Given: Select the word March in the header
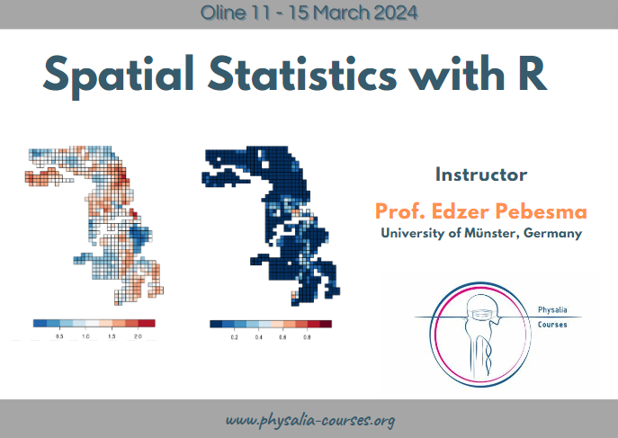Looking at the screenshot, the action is tap(342, 13).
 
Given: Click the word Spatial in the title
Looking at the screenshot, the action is tap(118, 76).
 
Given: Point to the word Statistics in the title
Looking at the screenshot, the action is tap(302, 74).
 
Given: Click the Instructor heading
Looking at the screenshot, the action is tap(481, 174).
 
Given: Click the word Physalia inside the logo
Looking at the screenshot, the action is tap(552, 310).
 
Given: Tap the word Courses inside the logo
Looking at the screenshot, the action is tap(552, 325).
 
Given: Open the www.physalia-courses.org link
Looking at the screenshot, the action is tap(310, 420).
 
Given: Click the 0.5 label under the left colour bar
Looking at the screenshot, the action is tap(59, 336).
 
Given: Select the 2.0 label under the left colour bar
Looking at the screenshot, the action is tap(138, 336).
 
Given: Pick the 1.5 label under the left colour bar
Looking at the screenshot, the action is tap(112, 336).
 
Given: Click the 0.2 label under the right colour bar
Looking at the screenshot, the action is tap(235, 337).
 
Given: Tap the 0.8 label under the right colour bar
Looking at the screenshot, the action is tap(307, 337).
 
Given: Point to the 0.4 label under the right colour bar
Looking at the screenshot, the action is tap(258, 337).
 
